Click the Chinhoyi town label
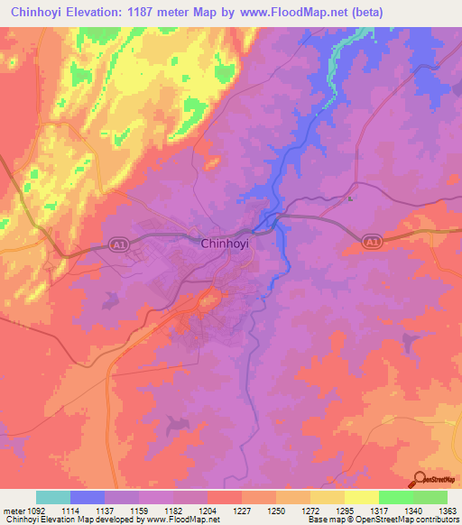tap(224, 243)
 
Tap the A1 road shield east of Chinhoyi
tap(371, 242)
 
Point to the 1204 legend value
tap(207, 511)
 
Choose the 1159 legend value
tap(139, 511)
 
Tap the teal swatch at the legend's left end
tap(53, 497)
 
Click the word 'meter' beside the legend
tap(13, 511)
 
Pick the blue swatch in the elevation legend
tap(88, 497)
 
